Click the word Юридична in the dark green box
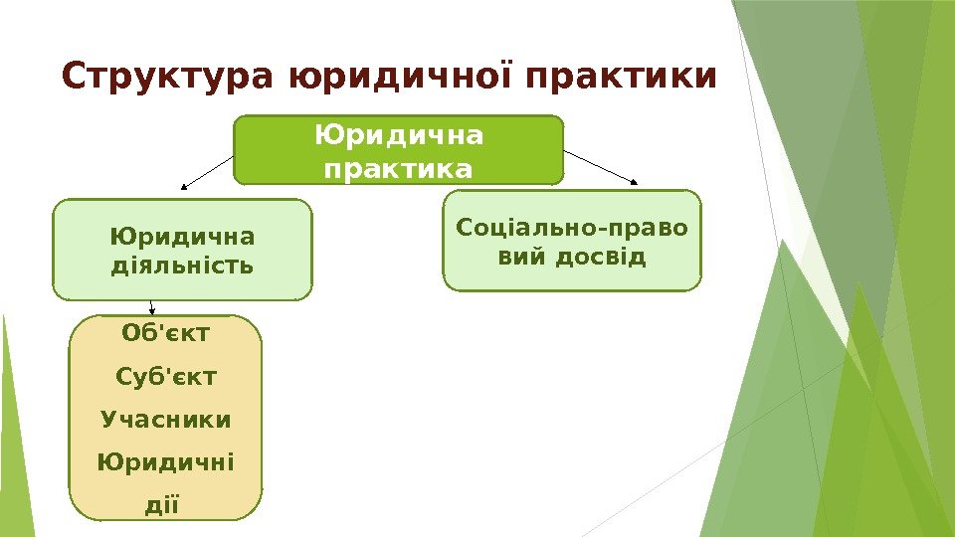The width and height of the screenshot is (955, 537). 398,133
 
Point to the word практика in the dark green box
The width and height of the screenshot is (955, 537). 398,170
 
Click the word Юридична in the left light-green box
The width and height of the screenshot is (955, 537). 182,237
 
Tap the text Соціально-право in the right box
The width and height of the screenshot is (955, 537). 572,228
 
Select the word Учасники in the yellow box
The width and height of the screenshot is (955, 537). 165,420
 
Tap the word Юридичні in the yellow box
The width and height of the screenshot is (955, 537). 165,462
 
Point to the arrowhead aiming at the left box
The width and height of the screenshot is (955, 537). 183,186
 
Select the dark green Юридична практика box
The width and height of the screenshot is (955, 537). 398,150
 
